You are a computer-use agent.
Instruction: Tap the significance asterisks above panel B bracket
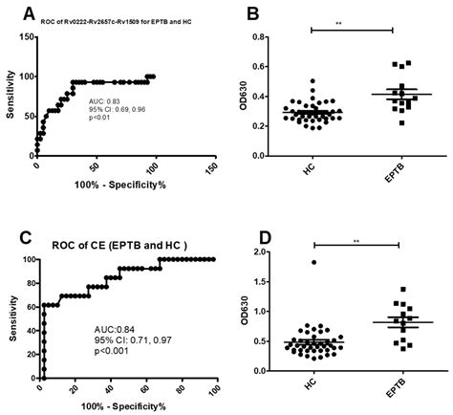pyautogui.click(x=352, y=24)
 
